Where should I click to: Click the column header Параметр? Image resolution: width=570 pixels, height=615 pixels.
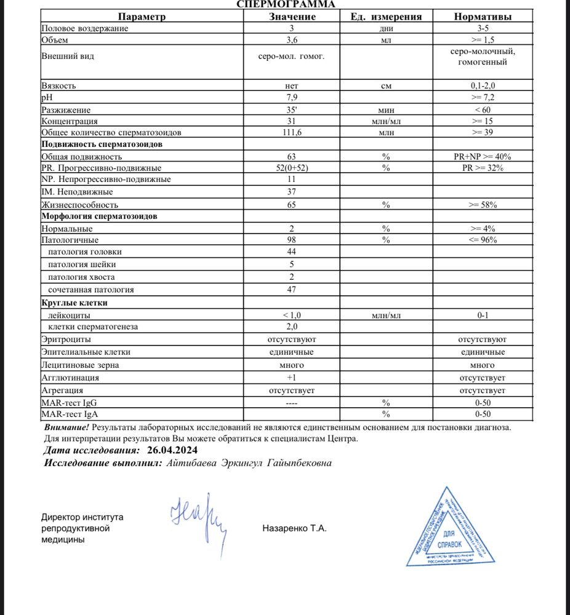point(142,17)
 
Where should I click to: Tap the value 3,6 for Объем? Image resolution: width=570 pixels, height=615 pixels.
point(292,40)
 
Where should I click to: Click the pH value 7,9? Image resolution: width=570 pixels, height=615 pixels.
point(292,98)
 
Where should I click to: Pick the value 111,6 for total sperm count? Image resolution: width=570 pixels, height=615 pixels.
point(292,132)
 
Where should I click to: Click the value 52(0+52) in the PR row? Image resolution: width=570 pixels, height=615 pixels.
point(292,168)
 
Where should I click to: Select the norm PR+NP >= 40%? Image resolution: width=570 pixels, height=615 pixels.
point(481,157)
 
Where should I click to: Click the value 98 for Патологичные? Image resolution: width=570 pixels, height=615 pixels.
point(292,240)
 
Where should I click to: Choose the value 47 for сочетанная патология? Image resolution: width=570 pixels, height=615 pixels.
point(292,289)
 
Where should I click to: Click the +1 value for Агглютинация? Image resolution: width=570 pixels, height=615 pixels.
point(292,378)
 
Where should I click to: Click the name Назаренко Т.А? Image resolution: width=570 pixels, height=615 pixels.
point(294,528)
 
